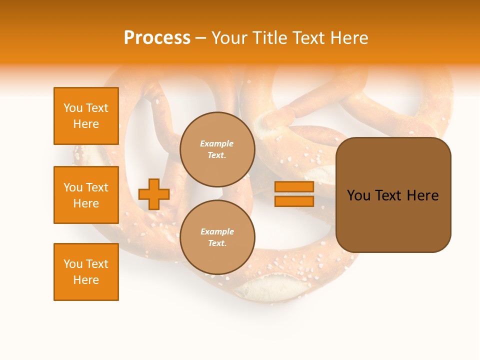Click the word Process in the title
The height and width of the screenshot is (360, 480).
point(157,38)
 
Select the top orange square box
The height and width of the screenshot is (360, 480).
point(86,116)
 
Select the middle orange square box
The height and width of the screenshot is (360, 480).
point(86,195)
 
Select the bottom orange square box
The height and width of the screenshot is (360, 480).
point(86,272)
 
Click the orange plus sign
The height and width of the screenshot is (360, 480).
point(154,194)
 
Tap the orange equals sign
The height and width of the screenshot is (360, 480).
point(294,194)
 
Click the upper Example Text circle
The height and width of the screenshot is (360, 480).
point(217,149)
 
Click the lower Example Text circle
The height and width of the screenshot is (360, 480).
point(217,237)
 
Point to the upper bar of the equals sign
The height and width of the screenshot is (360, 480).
point(294,187)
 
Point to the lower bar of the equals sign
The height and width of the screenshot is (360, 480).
point(294,201)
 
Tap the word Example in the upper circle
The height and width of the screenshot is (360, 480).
point(217,144)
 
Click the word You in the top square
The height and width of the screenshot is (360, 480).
point(73,108)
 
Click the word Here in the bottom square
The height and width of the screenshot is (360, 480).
point(86,280)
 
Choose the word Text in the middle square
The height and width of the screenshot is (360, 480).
point(97,187)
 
